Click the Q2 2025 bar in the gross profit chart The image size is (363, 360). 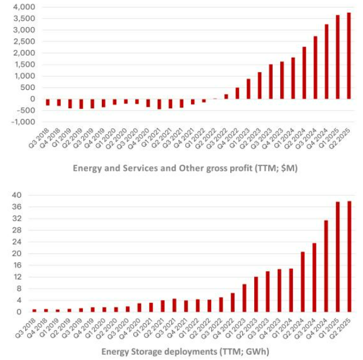coord(349,56)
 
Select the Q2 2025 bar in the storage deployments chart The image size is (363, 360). coord(349,256)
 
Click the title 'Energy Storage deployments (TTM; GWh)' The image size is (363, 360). coord(185,351)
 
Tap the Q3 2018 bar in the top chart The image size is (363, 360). coord(48,103)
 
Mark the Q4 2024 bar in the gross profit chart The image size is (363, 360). coord(326,62)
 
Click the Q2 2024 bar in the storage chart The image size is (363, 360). coord(303,282)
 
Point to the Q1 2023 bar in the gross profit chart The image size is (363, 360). coord(248,89)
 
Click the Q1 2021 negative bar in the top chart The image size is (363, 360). coord(159,104)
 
